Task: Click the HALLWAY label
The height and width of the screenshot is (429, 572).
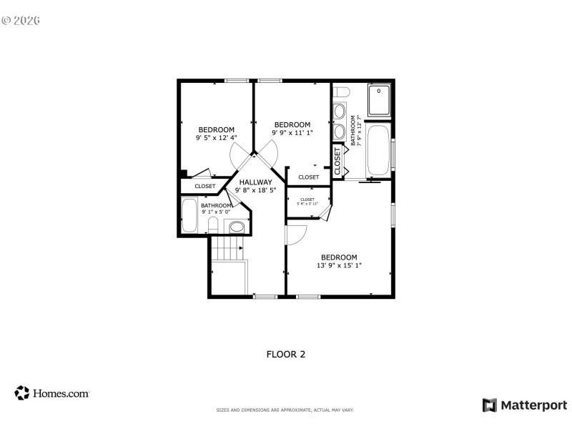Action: (255, 182)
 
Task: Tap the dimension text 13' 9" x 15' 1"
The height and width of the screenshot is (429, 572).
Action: (339, 265)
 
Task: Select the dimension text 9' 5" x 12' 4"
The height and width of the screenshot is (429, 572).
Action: (216, 137)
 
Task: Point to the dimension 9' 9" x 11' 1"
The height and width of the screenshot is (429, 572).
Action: (292, 132)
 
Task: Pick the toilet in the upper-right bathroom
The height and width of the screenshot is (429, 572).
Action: (341, 92)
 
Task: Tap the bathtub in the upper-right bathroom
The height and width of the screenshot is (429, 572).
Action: (378, 149)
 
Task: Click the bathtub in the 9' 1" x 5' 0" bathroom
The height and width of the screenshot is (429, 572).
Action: (189, 215)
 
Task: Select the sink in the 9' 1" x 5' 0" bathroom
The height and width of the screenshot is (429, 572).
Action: (237, 227)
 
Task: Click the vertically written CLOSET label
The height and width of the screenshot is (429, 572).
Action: (337, 161)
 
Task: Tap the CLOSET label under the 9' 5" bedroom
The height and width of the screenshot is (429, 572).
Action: (205, 186)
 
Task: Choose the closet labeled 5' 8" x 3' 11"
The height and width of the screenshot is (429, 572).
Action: (307, 202)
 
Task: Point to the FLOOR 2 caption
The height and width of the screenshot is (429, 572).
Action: (286, 353)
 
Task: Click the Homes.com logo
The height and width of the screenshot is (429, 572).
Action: (51, 393)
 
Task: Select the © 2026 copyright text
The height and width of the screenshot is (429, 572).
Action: (21, 20)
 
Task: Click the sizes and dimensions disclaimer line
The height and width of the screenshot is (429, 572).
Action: (285, 410)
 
